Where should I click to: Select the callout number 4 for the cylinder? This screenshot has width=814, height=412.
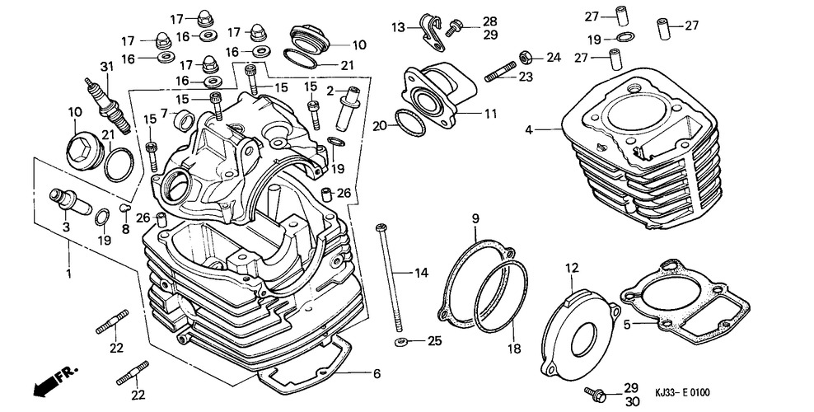point(530,129)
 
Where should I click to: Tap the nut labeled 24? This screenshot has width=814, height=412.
point(524,57)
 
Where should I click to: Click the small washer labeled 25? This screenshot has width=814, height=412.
point(400,340)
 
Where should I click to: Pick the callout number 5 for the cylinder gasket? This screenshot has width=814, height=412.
point(627,325)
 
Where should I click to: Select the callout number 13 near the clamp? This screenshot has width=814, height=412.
point(398,27)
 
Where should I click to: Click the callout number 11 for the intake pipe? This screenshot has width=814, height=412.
point(491,113)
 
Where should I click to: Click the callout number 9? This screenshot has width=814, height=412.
point(475,218)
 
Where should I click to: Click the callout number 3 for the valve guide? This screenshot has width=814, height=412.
point(65,225)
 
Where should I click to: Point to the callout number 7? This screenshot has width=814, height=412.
point(165,113)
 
